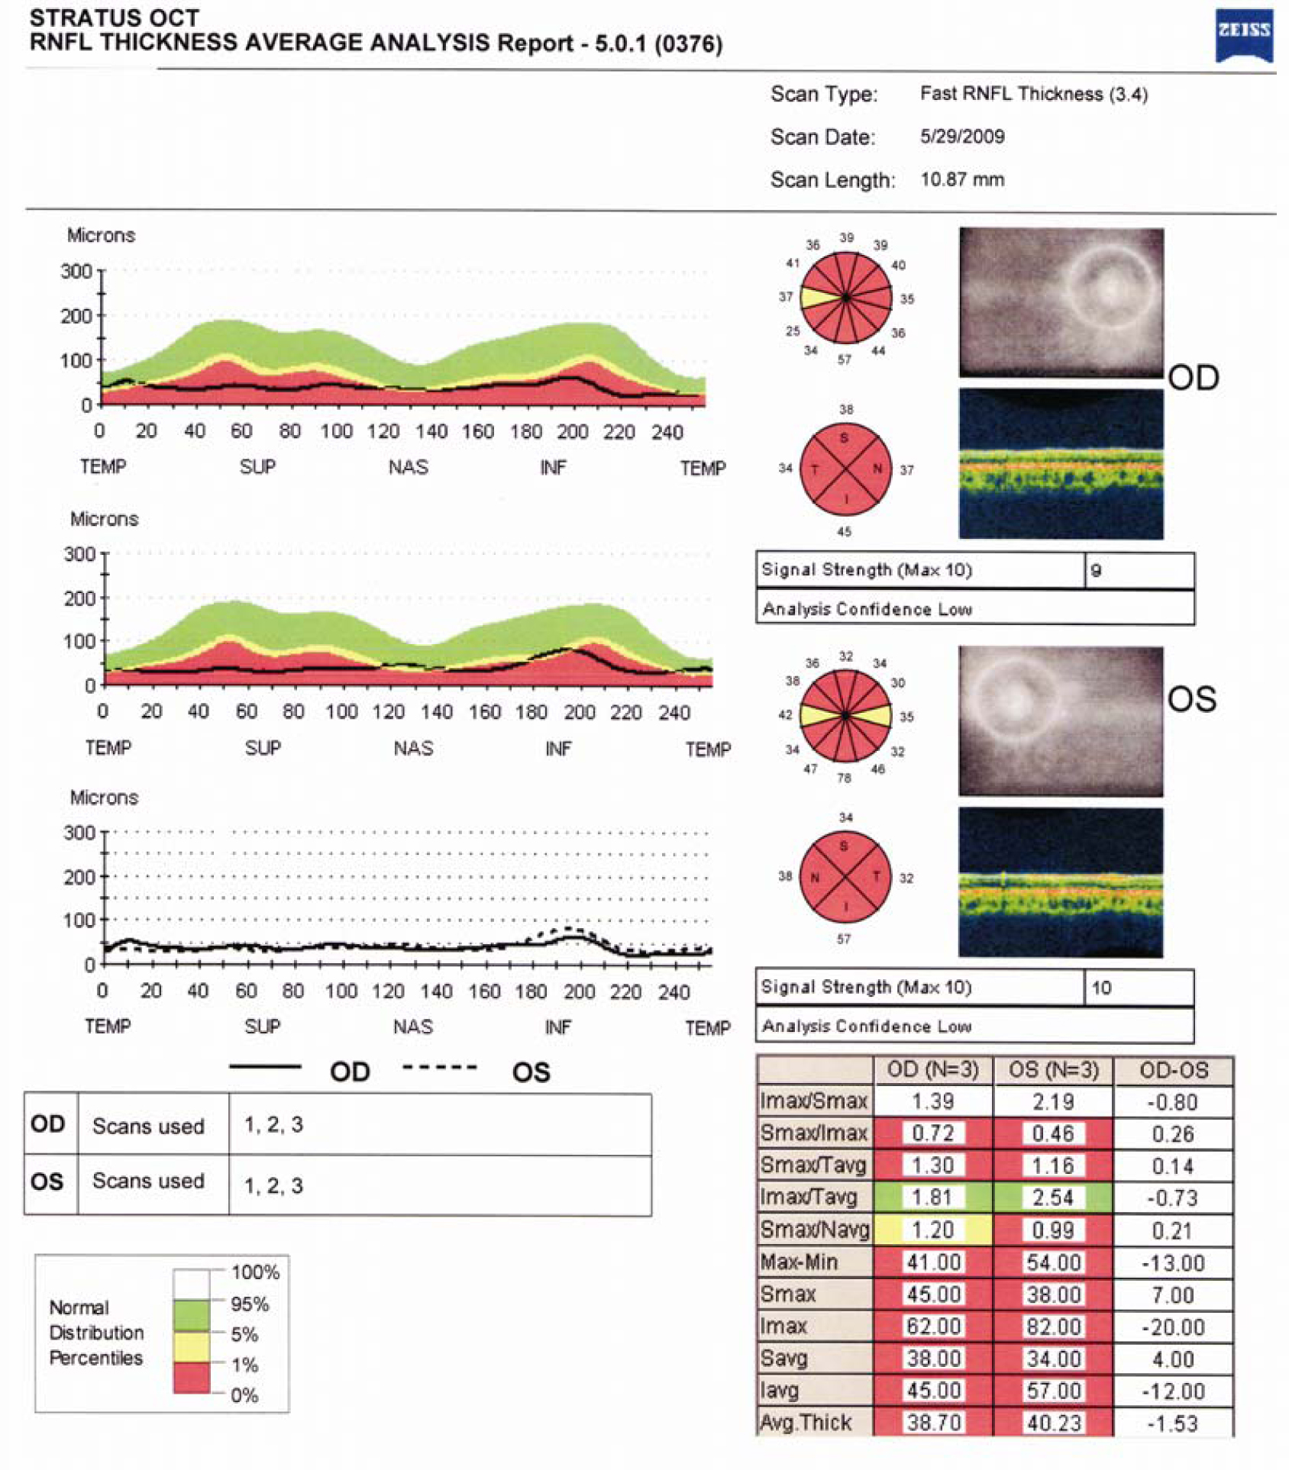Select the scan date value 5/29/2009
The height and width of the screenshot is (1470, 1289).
961,137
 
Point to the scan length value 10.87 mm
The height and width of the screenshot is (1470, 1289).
961,180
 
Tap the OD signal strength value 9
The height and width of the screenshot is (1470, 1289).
1096,570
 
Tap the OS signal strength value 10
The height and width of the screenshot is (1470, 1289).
1100,988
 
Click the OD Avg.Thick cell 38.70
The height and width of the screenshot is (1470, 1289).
932,1423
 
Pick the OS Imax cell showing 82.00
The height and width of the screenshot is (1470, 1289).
1053,1327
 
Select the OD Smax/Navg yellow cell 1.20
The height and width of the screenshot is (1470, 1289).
932,1230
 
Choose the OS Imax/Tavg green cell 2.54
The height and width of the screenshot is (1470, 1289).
1053,1198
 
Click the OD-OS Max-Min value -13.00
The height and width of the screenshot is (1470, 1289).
1173,1262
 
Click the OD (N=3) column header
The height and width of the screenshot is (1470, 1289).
932,1070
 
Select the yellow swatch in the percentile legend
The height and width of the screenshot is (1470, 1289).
191,1348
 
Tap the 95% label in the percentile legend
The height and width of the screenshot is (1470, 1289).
250,1304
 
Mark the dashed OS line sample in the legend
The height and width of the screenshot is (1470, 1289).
440,1068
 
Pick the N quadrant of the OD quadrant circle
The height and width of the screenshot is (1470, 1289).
877,469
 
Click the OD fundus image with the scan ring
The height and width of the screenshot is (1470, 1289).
1061,301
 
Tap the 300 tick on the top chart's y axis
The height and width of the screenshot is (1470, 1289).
76,271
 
